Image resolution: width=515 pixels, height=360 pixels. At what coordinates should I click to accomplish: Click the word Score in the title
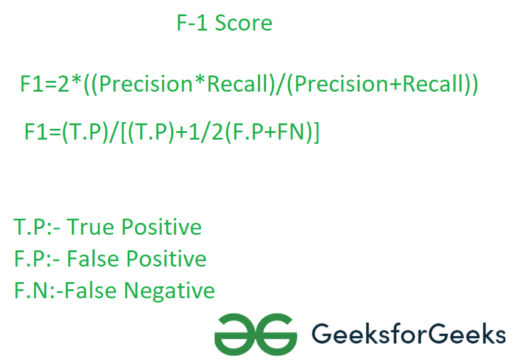[x=243, y=23]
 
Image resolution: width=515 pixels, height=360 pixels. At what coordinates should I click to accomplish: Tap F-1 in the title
[x=192, y=23]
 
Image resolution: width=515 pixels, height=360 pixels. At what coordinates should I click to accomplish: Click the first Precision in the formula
[x=146, y=84]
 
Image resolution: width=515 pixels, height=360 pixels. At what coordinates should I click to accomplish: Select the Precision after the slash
[x=342, y=84]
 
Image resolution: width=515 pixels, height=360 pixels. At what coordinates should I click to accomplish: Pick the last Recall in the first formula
[x=432, y=84]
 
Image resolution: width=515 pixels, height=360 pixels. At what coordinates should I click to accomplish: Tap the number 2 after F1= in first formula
[x=64, y=84]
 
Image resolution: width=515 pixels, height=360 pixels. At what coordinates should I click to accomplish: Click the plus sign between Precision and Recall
[x=396, y=84]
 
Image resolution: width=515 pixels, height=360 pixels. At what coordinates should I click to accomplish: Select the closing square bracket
[x=316, y=132]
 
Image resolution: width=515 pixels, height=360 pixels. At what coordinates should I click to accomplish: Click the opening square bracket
[x=124, y=132]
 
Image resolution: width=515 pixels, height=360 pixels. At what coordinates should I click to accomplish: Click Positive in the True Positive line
[x=161, y=227]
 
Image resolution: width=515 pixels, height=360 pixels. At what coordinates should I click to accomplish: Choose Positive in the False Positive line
[x=166, y=259]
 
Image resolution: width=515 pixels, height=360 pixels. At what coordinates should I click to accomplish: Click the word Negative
[x=170, y=291]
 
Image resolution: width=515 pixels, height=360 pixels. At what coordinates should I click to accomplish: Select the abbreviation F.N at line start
[x=31, y=291]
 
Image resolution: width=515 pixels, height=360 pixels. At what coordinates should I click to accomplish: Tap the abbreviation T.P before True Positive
[x=29, y=227]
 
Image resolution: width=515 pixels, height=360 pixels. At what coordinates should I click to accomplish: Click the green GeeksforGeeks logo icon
[x=255, y=334]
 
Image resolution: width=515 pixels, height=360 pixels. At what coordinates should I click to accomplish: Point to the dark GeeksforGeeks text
[x=409, y=334]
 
